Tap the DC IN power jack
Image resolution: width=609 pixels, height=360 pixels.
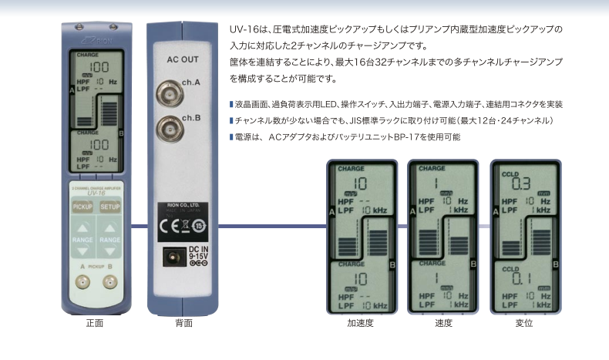[172, 257]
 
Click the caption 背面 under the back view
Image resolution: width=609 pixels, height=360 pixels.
[183, 325]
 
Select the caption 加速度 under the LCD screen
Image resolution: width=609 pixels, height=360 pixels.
[361, 325]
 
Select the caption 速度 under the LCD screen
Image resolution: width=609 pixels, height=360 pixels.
[442, 325]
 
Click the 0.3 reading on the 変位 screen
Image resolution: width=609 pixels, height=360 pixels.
[521, 184]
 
